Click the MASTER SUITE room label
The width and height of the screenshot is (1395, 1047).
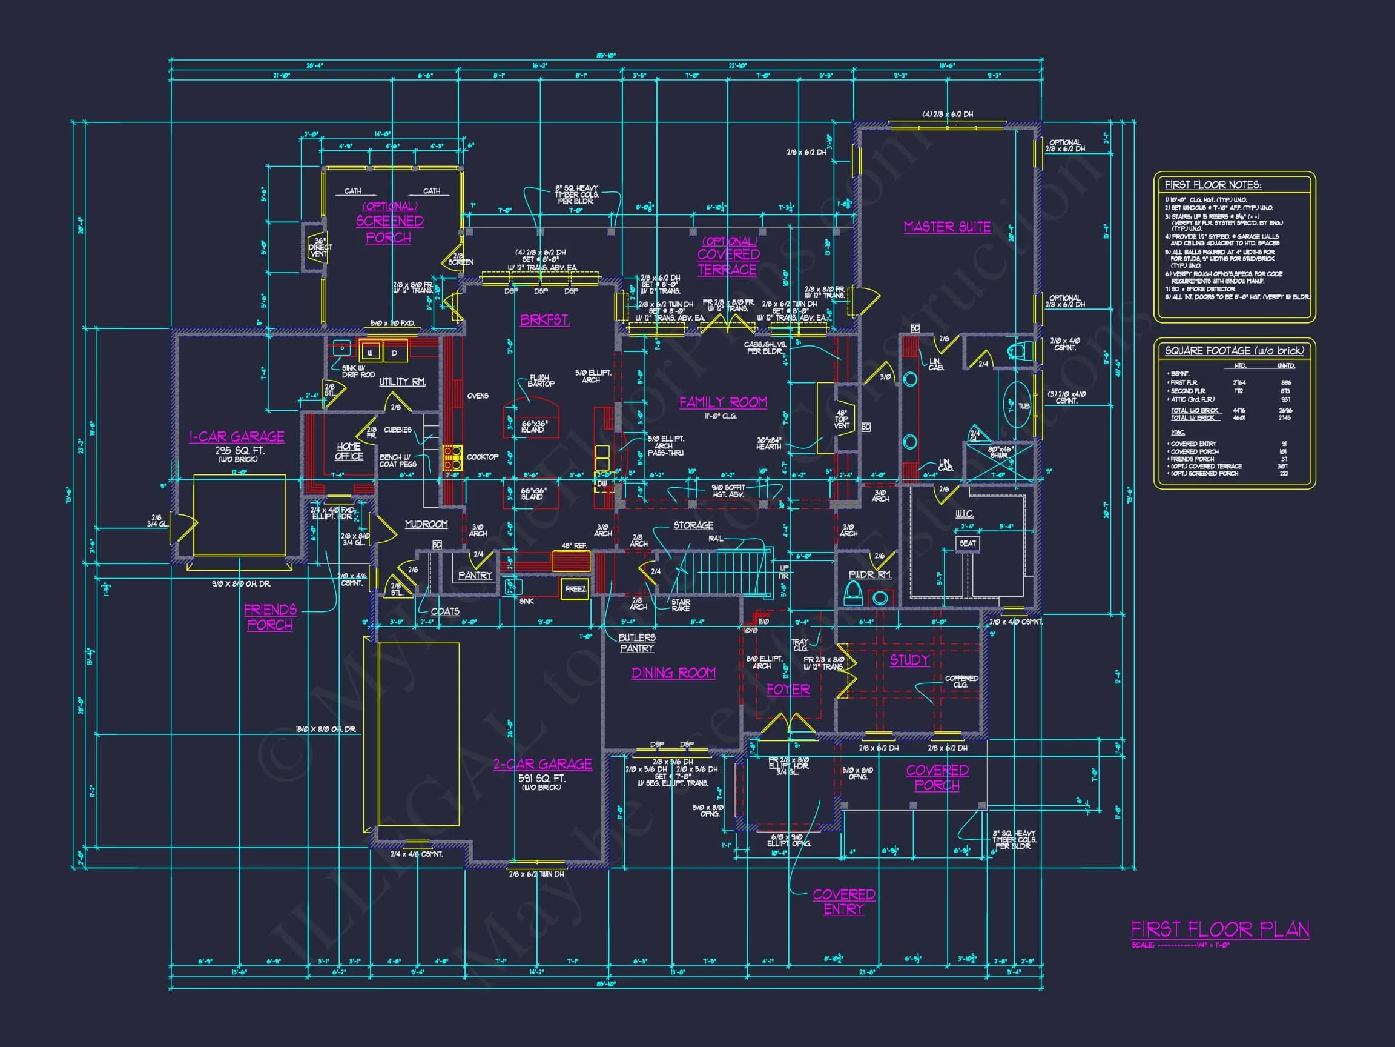(946, 227)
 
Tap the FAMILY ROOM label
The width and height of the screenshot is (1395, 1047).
(723, 402)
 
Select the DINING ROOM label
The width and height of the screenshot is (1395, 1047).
(673, 673)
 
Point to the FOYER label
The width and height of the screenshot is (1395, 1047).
(788, 690)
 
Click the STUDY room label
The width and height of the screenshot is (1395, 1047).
(909, 660)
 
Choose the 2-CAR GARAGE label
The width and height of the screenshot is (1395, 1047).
(542, 764)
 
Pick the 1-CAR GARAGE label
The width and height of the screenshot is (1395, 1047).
(237, 437)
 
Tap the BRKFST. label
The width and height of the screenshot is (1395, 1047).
(545, 320)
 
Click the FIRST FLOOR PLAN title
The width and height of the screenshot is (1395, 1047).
(1219, 929)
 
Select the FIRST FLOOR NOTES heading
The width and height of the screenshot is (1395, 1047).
(1212, 185)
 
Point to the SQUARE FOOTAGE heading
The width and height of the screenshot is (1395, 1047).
(1234, 351)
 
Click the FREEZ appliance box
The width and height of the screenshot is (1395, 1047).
(575, 589)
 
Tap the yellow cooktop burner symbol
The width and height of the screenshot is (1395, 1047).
(452, 457)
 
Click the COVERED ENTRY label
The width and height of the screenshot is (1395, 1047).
(843, 902)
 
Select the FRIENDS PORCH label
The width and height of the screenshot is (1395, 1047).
(270, 617)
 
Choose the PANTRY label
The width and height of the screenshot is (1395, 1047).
(475, 575)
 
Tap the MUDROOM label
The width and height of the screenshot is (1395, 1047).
(426, 525)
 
